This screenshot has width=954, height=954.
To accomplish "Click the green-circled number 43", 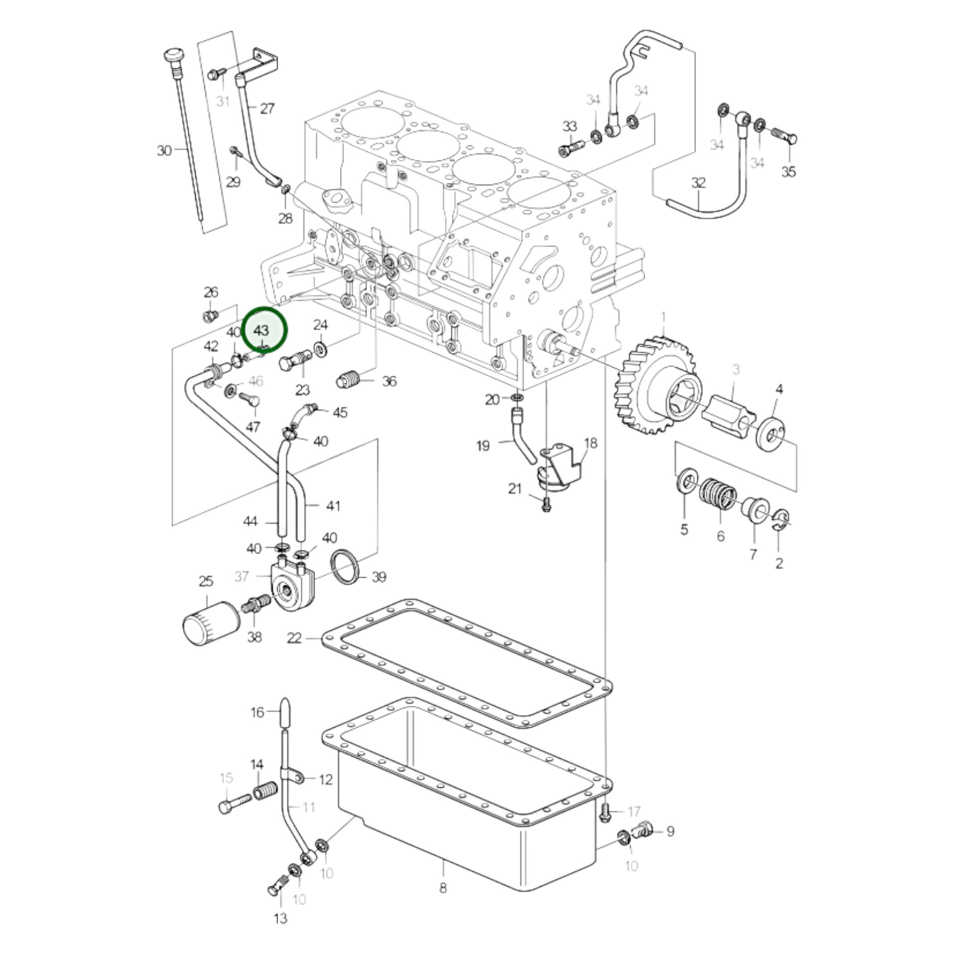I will (261, 330).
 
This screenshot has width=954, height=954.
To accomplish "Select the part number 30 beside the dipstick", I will (164, 151).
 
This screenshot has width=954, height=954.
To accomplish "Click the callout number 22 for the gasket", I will (294, 638).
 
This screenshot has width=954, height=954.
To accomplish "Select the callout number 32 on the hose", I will (698, 183).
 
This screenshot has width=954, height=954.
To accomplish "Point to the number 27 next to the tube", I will (267, 109).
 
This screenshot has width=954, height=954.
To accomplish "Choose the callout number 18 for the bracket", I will (591, 443).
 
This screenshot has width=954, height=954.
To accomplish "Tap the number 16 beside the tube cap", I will (257, 712).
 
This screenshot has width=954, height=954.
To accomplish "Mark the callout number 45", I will (340, 412).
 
